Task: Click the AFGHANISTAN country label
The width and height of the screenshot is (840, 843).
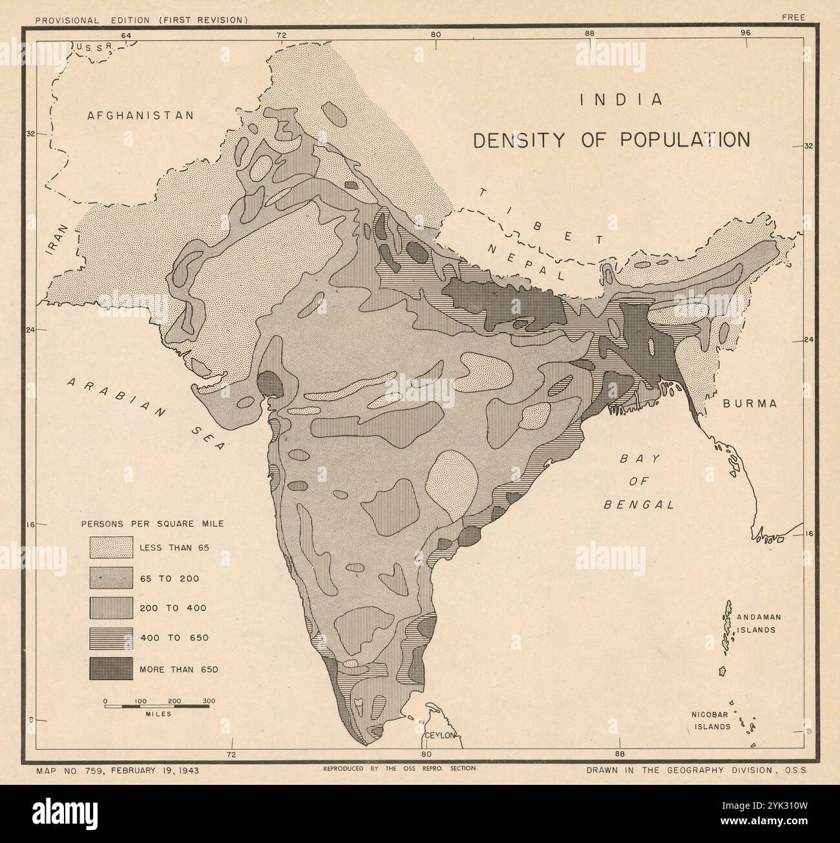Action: coord(140,116)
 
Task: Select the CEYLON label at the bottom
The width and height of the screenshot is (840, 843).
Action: coord(441,736)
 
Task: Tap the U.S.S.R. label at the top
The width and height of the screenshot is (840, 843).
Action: coord(94,47)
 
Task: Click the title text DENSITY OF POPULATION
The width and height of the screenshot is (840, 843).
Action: coord(612,140)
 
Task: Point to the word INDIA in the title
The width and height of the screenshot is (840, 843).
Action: coord(621,100)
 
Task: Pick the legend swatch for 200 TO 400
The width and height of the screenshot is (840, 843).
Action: coord(111,608)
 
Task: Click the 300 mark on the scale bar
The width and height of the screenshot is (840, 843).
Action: coord(208,700)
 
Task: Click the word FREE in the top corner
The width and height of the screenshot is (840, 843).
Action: coord(793,17)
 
